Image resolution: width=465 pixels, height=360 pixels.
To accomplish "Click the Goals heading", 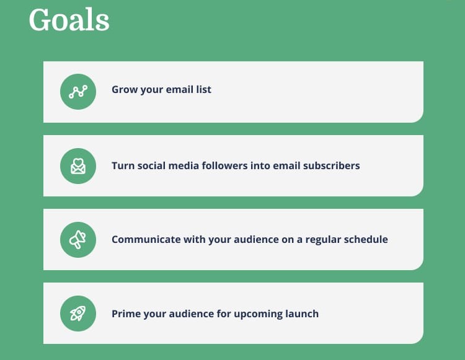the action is pyautogui.click(x=69, y=20).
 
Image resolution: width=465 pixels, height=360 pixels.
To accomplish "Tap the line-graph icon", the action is pyautogui.click(x=78, y=92).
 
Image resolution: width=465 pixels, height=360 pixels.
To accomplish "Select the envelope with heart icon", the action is pyautogui.click(x=78, y=166).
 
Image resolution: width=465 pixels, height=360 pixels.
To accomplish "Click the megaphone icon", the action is pyautogui.click(x=77, y=239).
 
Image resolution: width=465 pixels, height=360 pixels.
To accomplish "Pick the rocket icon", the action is pyautogui.click(x=78, y=313).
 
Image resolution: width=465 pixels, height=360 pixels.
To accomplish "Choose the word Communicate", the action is pyautogui.click(x=146, y=239).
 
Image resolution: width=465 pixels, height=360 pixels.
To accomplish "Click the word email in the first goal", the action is pyautogui.click(x=179, y=89).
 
